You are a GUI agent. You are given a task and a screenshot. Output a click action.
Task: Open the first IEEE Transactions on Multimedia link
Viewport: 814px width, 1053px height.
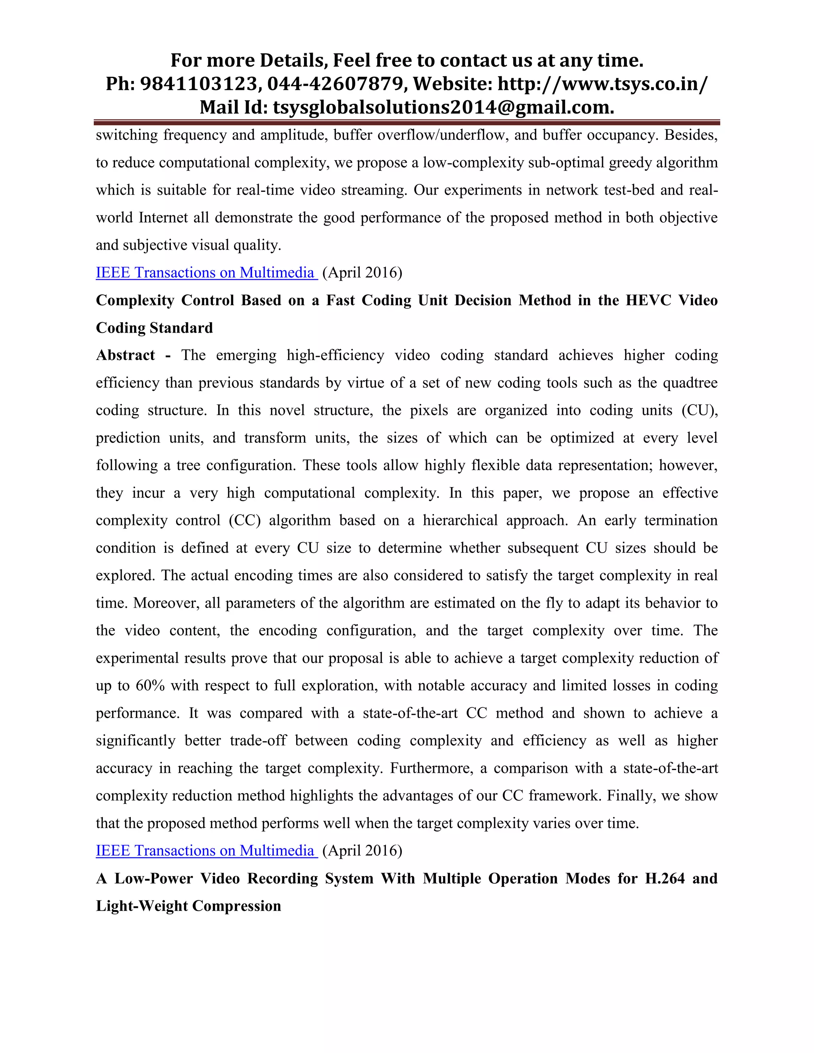[x=206, y=273]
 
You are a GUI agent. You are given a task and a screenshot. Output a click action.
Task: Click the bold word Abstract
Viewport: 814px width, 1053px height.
[x=125, y=355]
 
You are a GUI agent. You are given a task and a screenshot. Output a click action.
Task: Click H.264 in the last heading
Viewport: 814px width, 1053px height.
[x=665, y=878]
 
